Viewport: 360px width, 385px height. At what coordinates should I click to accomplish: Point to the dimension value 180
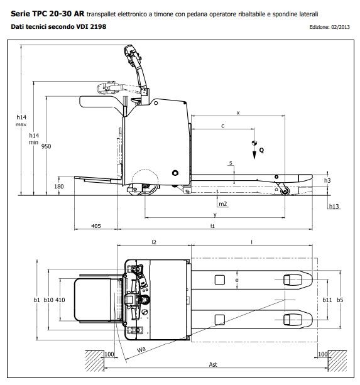60,187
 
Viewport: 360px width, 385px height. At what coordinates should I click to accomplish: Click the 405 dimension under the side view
96,225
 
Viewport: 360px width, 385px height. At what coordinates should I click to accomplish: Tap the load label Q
262,151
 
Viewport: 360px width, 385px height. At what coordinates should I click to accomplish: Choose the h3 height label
327,180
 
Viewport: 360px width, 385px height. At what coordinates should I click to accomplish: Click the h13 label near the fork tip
334,207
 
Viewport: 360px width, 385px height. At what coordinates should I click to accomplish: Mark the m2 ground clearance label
222,204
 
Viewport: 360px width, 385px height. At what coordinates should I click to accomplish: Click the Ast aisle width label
214,365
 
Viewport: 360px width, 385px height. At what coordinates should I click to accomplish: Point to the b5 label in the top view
340,300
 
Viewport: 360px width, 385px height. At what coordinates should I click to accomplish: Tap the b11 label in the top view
327,300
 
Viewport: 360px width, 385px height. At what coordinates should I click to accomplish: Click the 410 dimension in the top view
61,300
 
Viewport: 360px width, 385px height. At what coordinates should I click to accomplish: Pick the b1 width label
37,300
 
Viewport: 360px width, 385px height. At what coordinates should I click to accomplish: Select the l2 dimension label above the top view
154,241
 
